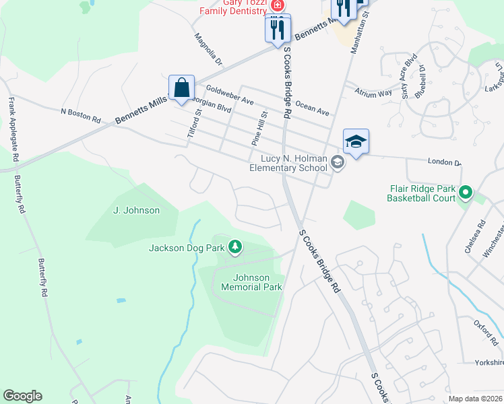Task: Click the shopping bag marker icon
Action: tap(182, 88)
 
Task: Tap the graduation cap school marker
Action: tap(356, 142)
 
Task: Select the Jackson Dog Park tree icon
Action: tap(235, 248)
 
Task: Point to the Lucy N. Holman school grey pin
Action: tap(338, 162)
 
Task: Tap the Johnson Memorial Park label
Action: tap(251, 282)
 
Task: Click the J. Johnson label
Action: tap(136, 210)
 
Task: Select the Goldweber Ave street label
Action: tap(229, 95)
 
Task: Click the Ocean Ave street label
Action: tap(312, 108)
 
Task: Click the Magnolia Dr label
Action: tap(208, 49)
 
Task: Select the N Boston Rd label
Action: tap(80, 115)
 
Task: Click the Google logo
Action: tap(22, 396)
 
